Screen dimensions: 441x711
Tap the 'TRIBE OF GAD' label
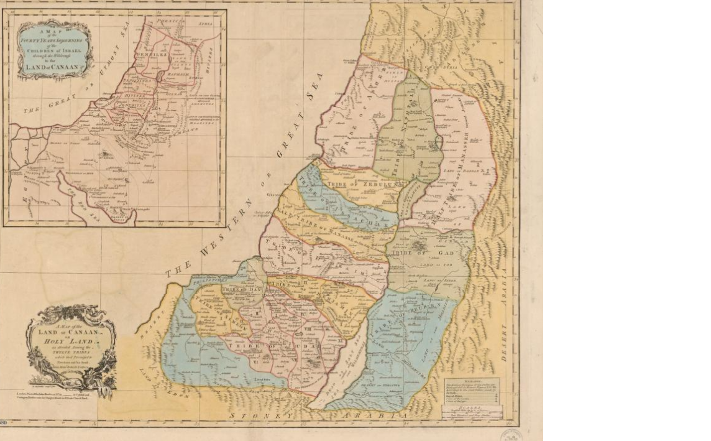click(426, 251)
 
